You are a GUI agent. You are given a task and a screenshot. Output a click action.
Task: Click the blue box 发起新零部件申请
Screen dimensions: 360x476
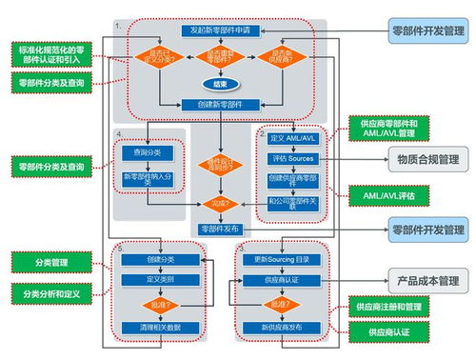(x=220, y=31)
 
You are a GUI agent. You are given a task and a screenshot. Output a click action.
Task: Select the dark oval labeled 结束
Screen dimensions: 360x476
(x=220, y=83)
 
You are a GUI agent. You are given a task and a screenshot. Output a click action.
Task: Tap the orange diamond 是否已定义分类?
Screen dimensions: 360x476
(x=154, y=57)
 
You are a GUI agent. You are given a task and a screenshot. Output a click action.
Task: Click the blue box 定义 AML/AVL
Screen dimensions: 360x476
(x=293, y=139)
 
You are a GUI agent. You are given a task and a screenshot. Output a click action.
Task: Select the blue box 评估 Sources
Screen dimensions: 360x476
(x=293, y=159)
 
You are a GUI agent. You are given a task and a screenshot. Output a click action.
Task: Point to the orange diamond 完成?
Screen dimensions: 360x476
(x=221, y=203)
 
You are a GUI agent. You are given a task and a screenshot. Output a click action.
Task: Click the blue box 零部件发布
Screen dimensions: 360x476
(x=221, y=230)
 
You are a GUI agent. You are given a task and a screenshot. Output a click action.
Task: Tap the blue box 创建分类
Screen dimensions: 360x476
(x=162, y=259)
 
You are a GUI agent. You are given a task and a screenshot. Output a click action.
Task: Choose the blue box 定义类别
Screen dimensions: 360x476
(x=162, y=281)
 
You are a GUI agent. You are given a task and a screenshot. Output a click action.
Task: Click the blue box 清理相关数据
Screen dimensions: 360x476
(x=162, y=327)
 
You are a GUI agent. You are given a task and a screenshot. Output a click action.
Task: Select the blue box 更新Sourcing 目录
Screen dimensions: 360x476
(x=280, y=259)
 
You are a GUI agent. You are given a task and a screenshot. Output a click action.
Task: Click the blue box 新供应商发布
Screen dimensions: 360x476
(x=280, y=327)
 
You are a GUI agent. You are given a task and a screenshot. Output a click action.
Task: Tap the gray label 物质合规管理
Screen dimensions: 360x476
(x=425, y=159)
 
